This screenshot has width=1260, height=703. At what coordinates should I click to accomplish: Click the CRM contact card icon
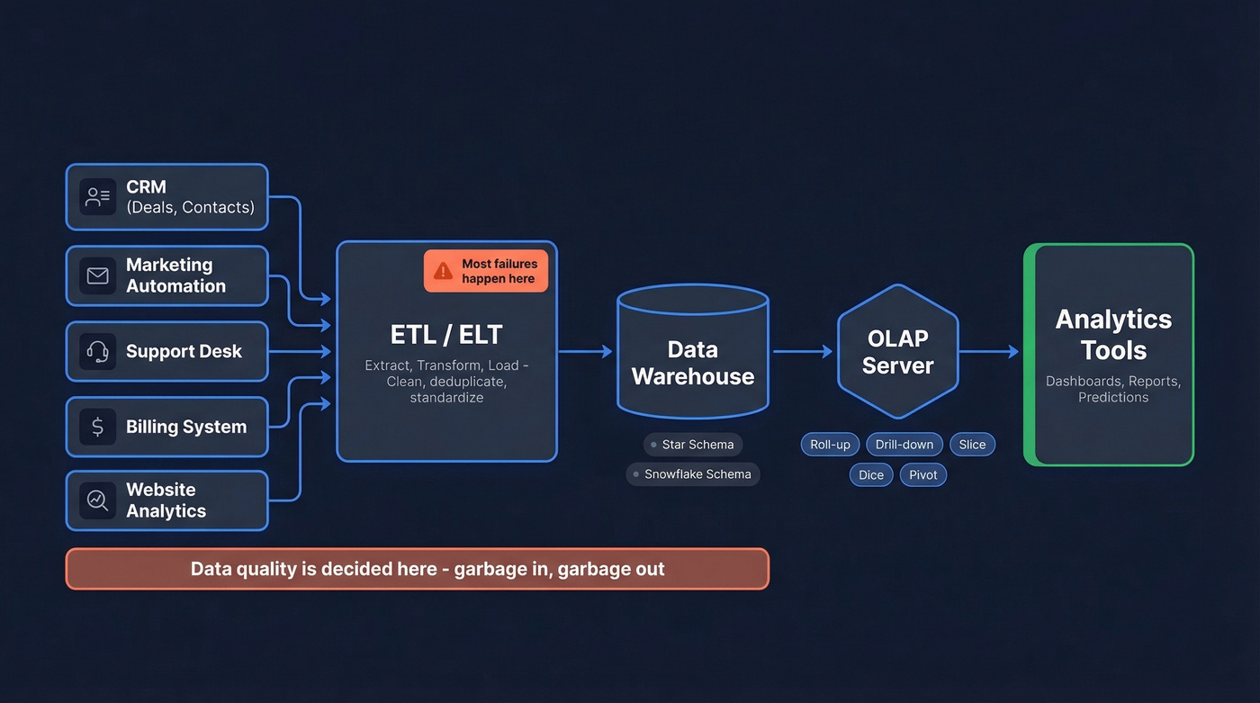pyautogui.click(x=97, y=197)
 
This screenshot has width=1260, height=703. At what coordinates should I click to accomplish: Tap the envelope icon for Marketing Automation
pyautogui.click(x=97, y=275)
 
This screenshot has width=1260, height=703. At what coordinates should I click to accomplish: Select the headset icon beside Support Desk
pyautogui.click(x=97, y=351)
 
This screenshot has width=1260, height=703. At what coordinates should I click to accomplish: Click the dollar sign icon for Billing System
pyautogui.click(x=97, y=427)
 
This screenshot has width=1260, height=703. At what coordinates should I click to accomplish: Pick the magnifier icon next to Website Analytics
pyautogui.click(x=97, y=500)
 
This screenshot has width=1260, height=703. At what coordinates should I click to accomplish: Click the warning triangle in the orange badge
pyautogui.click(x=443, y=271)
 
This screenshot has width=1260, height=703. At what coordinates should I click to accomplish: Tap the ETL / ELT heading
pyautogui.click(x=446, y=335)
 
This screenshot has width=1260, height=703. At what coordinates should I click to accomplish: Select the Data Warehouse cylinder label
pyautogui.click(x=692, y=363)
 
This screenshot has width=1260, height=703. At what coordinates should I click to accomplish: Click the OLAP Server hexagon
pyautogui.click(x=897, y=352)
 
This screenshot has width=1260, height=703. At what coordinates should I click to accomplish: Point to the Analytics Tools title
pyautogui.click(x=1113, y=335)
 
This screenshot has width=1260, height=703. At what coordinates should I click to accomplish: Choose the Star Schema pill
pyautogui.click(x=692, y=445)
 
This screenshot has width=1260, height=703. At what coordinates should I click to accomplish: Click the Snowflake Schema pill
pyautogui.click(x=692, y=474)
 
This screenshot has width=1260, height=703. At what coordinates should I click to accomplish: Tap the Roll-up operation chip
pyautogui.click(x=830, y=445)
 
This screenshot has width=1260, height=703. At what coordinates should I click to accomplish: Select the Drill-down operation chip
pyautogui.click(x=904, y=445)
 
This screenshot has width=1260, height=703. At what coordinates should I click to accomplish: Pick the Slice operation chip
pyautogui.click(x=972, y=445)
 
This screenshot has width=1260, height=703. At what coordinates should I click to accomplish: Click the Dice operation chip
pyautogui.click(x=870, y=475)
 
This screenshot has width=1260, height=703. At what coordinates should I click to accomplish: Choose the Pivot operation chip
pyautogui.click(x=923, y=475)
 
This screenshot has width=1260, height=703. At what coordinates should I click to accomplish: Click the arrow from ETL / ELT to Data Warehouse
pyautogui.click(x=585, y=352)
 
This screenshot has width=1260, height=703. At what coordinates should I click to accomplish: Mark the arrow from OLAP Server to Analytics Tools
pyautogui.click(x=988, y=352)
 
